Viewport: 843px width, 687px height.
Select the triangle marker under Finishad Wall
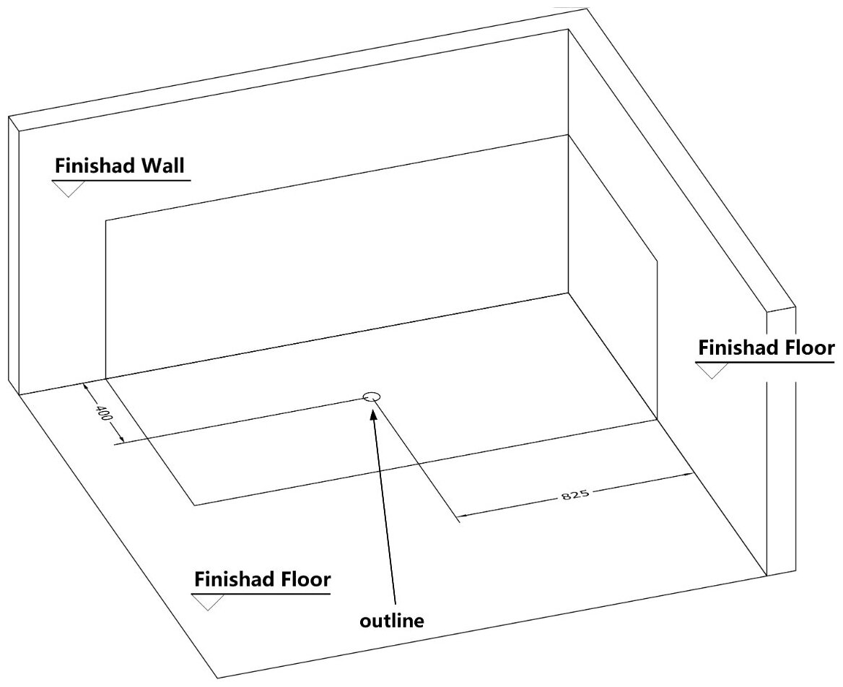coord(69,188)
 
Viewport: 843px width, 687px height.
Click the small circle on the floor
coord(371,397)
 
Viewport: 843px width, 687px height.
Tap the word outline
coord(392,620)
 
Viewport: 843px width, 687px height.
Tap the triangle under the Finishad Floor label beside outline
coord(208,602)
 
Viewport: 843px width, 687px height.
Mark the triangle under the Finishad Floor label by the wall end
coord(712,370)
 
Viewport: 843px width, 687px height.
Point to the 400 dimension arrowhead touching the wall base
coord(87,387)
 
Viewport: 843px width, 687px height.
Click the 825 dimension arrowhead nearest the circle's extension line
coord(463,516)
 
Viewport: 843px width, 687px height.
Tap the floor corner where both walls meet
coord(569,293)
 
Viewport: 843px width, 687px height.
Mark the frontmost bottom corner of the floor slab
coord(218,677)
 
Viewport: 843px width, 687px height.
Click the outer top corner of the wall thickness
coord(586,9)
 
